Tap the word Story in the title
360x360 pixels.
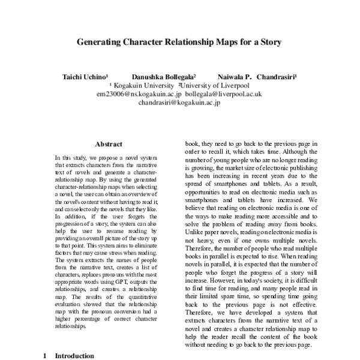pyautogui.click(x=269, y=43)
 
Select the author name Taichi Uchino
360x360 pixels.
pyautogui.click(x=85, y=78)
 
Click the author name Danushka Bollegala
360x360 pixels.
pyautogui.click(x=163, y=78)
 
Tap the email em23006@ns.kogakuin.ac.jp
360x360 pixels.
pyautogui.click(x=138, y=95)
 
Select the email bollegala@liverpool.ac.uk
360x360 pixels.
pyautogui.click(x=223, y=95)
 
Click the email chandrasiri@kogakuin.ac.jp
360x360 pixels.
pyautogui.click(x=179, y=103)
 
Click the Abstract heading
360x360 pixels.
pyautogui.click(x=109, y=144)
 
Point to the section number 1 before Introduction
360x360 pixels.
pyautogui.click(x=44, y=356)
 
